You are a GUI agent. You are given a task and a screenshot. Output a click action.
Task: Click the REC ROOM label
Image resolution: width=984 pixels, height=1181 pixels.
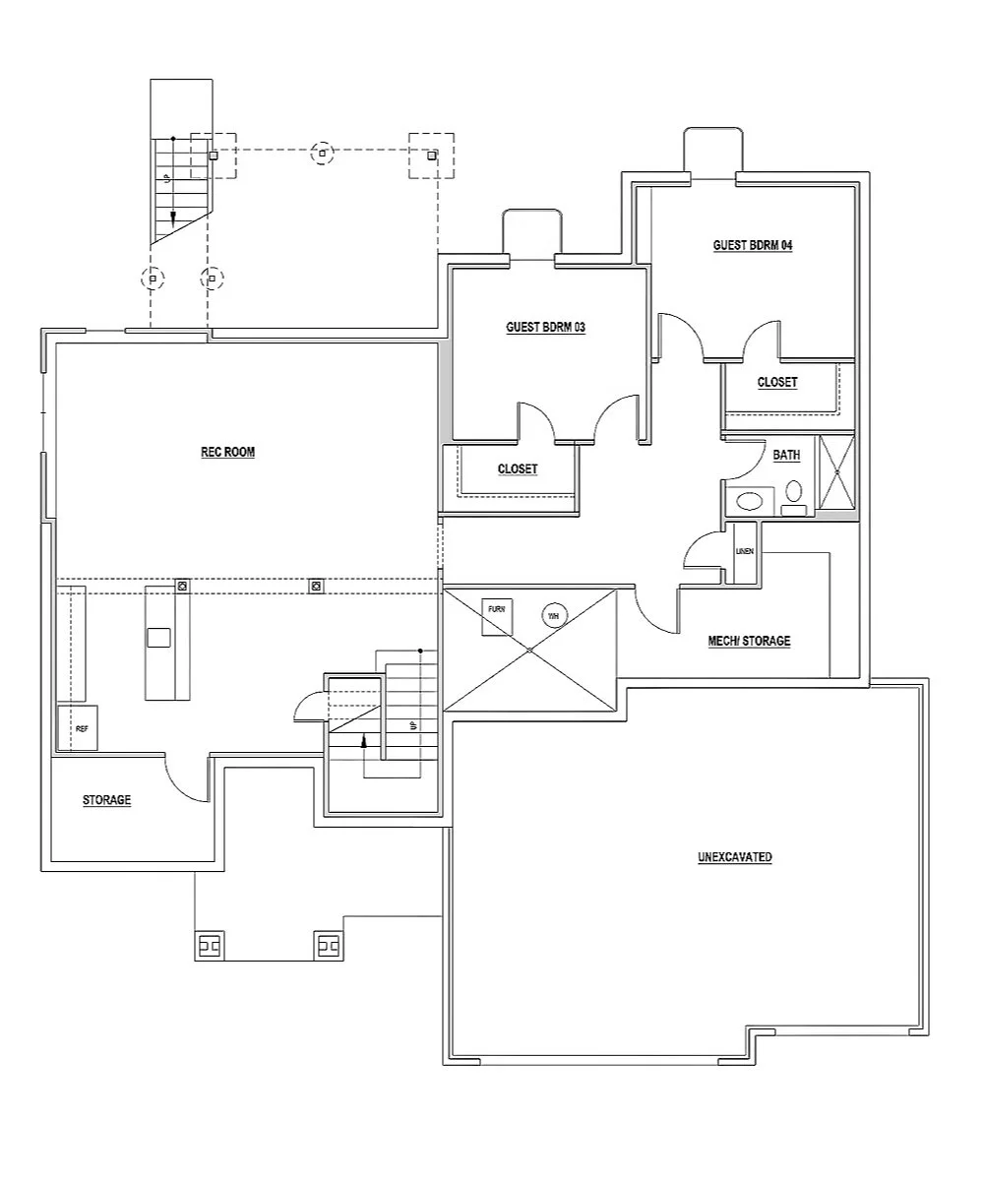tap(227, 453)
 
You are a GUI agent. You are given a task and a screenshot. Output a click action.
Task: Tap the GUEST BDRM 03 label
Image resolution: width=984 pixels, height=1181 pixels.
tap(545, 328)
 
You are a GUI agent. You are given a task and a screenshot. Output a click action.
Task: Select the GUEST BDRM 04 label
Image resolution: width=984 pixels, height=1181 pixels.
tap(753, 245)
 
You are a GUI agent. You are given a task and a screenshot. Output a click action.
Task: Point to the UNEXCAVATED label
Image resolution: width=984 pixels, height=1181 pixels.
tap(734, 857)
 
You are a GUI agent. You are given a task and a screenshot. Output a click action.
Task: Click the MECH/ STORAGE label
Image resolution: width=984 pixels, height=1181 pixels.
tap(749, 641)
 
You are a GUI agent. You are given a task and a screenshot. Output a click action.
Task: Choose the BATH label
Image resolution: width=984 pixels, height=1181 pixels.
tap(786, 456)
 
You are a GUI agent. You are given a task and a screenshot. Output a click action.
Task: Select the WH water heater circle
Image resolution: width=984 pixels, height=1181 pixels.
tap(553, 616)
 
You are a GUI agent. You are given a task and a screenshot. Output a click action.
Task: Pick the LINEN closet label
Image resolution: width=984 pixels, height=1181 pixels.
tap(745, 551)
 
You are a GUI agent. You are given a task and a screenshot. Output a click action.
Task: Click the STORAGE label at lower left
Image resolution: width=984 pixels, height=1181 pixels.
tap(106, 801)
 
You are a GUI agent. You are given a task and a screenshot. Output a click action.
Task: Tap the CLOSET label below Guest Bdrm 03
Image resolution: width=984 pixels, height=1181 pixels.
tap(518, 469)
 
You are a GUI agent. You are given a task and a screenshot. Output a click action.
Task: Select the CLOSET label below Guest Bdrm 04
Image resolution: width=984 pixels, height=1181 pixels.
tap(777, 382)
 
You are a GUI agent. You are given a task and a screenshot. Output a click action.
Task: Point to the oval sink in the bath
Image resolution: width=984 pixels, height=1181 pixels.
tap(749, 500)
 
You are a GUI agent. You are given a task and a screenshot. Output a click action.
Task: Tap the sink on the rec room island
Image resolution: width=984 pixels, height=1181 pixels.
tap(158, 638)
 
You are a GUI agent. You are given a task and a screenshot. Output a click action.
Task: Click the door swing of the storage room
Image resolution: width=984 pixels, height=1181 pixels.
tap(187, 779)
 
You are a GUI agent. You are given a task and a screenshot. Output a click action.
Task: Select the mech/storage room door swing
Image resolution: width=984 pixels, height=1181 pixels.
tap(655, 610)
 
